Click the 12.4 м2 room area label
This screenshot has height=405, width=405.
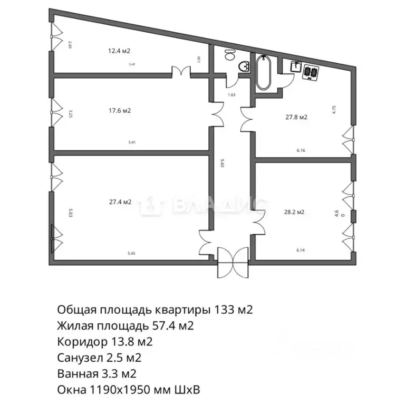pyautogui.click(x=119, y=51)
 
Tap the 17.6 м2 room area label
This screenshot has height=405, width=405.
pyautogui.click(x=119, y=111)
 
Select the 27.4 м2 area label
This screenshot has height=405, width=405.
pyautogui.click(x=120, y=201)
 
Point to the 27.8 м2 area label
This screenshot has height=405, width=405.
pyautogui.click(x=296, y=118)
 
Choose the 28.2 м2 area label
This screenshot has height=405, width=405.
pyautogui.click(x=294, y=213)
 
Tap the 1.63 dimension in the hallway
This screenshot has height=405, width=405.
pyautogui.click(x=231, y=95)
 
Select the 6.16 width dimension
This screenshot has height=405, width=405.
pyautogui.click(x=301, y=150)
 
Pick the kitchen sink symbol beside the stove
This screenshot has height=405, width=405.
pyautogui.click(x=296, y=66)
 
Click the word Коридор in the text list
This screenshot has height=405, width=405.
pyautogui.click(x=75, y=342)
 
